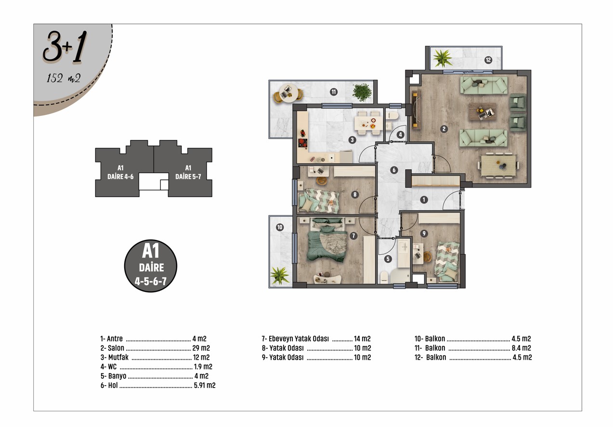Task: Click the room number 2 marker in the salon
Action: [x=444, y=129]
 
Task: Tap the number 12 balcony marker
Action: [x=488, y=60]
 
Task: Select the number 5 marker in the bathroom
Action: [x=388, y=259]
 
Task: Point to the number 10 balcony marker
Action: [x=280, y=227]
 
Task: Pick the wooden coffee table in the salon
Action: [x=482, y=112]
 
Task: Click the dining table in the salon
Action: [x=498, y=165]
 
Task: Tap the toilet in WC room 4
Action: [x=392, y=115]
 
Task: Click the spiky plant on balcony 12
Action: [x=442, y=58]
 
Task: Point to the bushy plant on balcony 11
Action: [x=362, y=92]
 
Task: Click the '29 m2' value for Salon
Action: [x=201, y=348]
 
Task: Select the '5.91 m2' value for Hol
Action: [x=205, y=386]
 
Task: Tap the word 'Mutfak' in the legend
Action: [x=118, y=357]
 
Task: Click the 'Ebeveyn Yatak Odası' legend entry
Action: [x=299, y=339]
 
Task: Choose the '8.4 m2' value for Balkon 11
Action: [x=522, y=348]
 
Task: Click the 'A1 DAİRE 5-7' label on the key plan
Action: [x=188, y=172]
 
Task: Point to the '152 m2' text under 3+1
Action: [x=64, y=78]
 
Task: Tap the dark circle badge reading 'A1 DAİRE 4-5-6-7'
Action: [x=151, y=266]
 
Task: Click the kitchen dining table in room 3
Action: [x=368, y=123]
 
